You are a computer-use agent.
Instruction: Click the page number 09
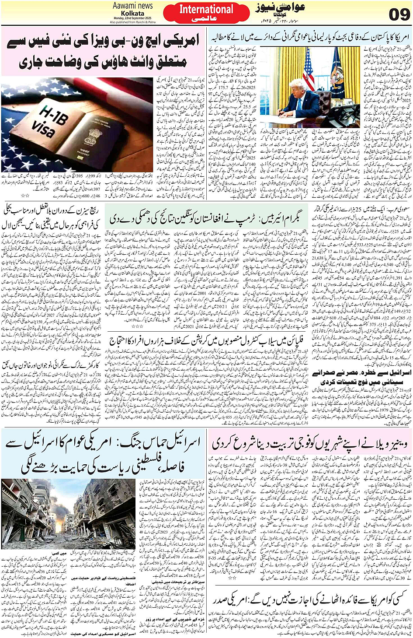click(399, 14)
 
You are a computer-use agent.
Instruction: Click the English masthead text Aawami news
click(133, 6)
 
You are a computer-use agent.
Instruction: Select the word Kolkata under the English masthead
click(133, 14)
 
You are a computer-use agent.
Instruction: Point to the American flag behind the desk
click(308, 70)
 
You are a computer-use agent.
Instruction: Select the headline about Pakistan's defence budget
click(309, 36)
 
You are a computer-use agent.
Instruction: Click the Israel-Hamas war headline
click(104, 454)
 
